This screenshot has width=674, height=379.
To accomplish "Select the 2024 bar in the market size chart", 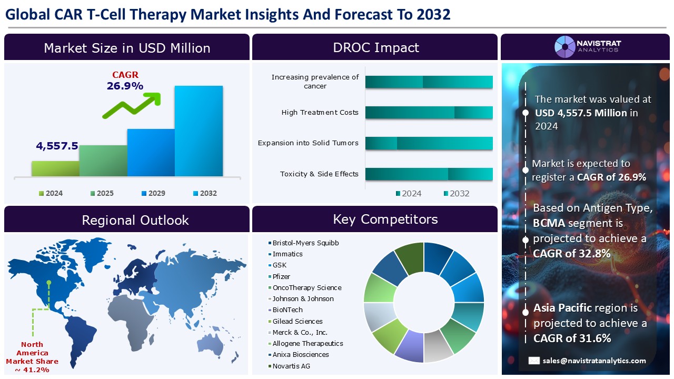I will pyautogui.click(x=55, y=168).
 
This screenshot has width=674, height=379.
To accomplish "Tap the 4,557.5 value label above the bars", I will pyautogui.click(x=57, y=146).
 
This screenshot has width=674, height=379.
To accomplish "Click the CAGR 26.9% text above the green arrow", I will pyautogui.click(x=125, y=81).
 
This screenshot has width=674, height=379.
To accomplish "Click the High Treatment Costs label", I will pyautogui.click(x=320, y=112).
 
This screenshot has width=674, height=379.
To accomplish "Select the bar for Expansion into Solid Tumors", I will pyautogui.click(x=429, y=143).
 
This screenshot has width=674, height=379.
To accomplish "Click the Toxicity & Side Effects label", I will pyautogui.click(x=319, y=174).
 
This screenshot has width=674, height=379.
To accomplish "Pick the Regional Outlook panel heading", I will pyautogui.click(x=135, y=220).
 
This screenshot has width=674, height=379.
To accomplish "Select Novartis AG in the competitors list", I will pyautogui.click(x=291, y=366).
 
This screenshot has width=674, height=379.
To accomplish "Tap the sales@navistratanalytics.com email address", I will pyautogui.click(x=594, y=361).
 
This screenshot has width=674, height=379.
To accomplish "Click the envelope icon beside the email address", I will pyautogui.click(x=534, y=361).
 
